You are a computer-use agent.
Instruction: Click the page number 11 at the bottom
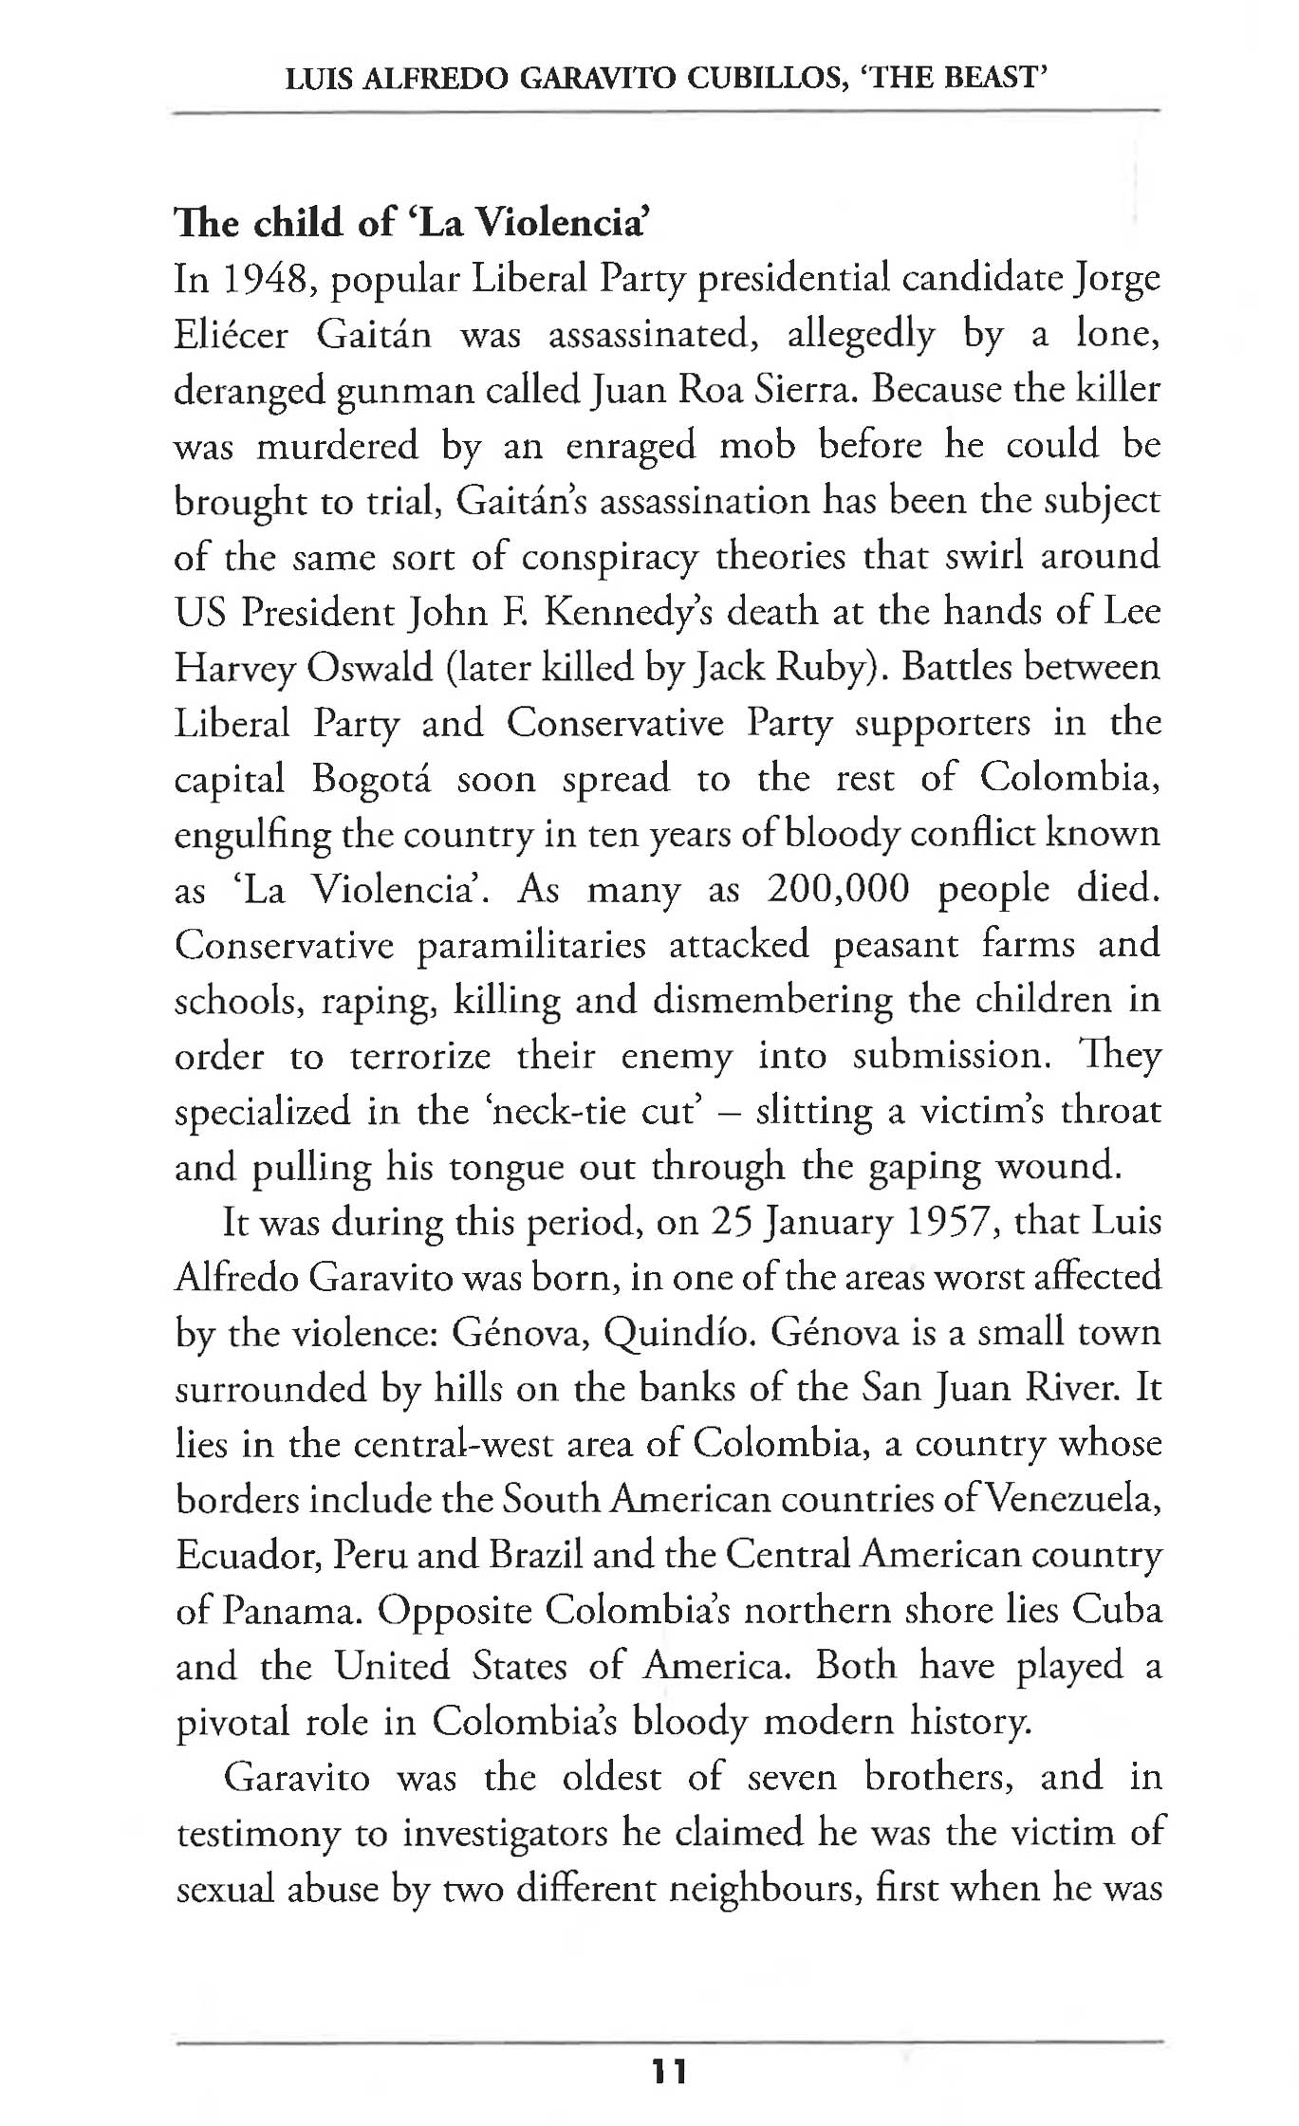tap(668, 2071)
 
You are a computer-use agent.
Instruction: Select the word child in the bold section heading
tap(292, 222)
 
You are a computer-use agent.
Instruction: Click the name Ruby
tap(834, 668)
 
